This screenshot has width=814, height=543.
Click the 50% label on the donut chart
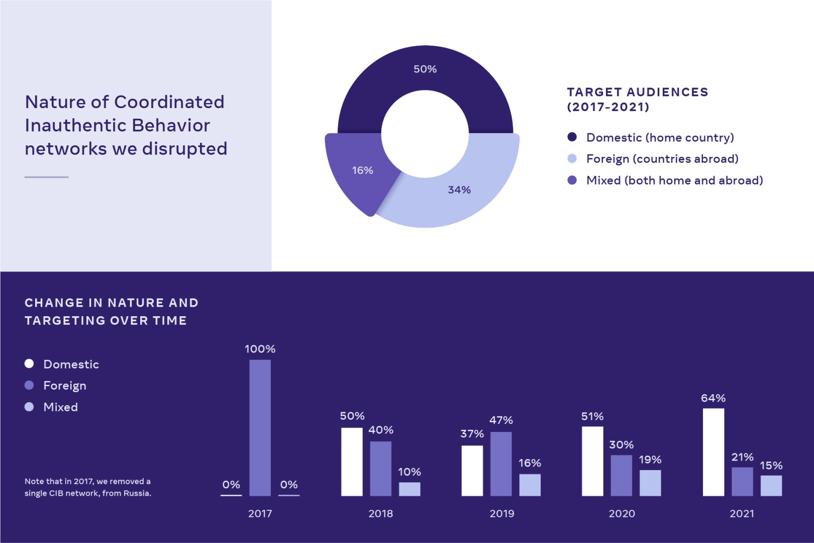pyautogui.click(x=425, y=69)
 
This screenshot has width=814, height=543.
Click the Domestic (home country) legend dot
pyautogui.click(x=572, y=137)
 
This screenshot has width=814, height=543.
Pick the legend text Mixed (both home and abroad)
pyautogui.click(x=674, y=180)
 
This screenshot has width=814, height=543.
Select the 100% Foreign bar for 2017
pyautogui.click(x=260, y=427)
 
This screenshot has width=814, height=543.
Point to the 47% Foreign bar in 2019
pyautogui.click(x=501, y=464)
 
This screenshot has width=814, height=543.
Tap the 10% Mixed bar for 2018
pyautogui.click(x=410, y=489)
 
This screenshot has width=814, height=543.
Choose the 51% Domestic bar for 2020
pyautogui.click(x=592, y=461)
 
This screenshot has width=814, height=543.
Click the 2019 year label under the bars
pyautogui.click(x=501, y=513)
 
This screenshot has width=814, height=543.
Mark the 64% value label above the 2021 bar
pyautogui.click(x=713, y=398)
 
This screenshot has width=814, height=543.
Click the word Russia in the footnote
pyautogui.click(x=137, y=493)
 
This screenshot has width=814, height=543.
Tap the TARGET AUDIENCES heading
pyautogui.click(x=637, y=93)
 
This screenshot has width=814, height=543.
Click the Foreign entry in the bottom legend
pyautogui.click(x=64, y=386)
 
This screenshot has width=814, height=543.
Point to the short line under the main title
pyautogui.click(x=46, y=177)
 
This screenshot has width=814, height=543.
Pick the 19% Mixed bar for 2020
pyautogui.click(x=650, y=483)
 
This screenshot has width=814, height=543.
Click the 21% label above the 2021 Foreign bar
pyautogui.click(x=742, y=457)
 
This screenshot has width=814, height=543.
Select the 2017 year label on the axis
pyautogui.click(x=260, y=513)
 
